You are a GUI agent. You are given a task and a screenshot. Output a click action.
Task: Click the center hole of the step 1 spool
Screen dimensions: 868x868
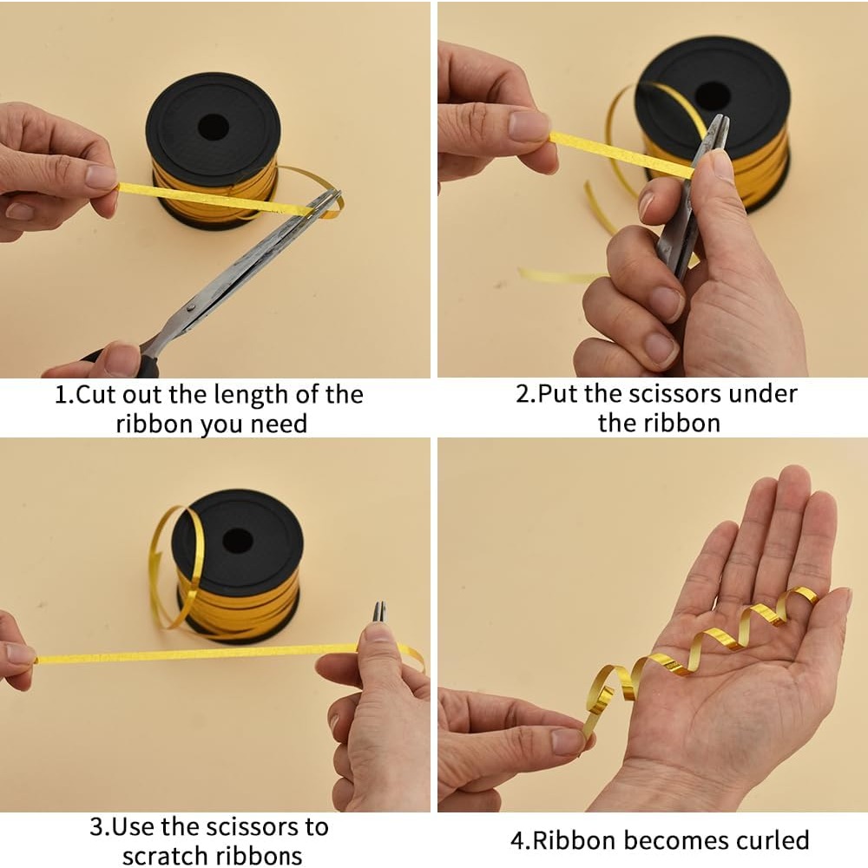pos(214,128)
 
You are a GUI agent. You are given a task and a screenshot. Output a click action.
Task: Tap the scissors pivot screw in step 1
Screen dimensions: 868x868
pos(191,307)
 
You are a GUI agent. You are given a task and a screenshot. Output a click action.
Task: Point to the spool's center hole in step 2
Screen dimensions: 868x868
pos(713,96)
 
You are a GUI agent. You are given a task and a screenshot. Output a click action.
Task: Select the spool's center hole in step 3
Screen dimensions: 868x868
pos(238,540)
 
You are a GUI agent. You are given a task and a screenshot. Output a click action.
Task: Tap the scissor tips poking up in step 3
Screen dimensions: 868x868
pos(378,611)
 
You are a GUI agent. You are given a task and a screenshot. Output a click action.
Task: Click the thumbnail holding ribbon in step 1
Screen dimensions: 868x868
pos(102,177)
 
